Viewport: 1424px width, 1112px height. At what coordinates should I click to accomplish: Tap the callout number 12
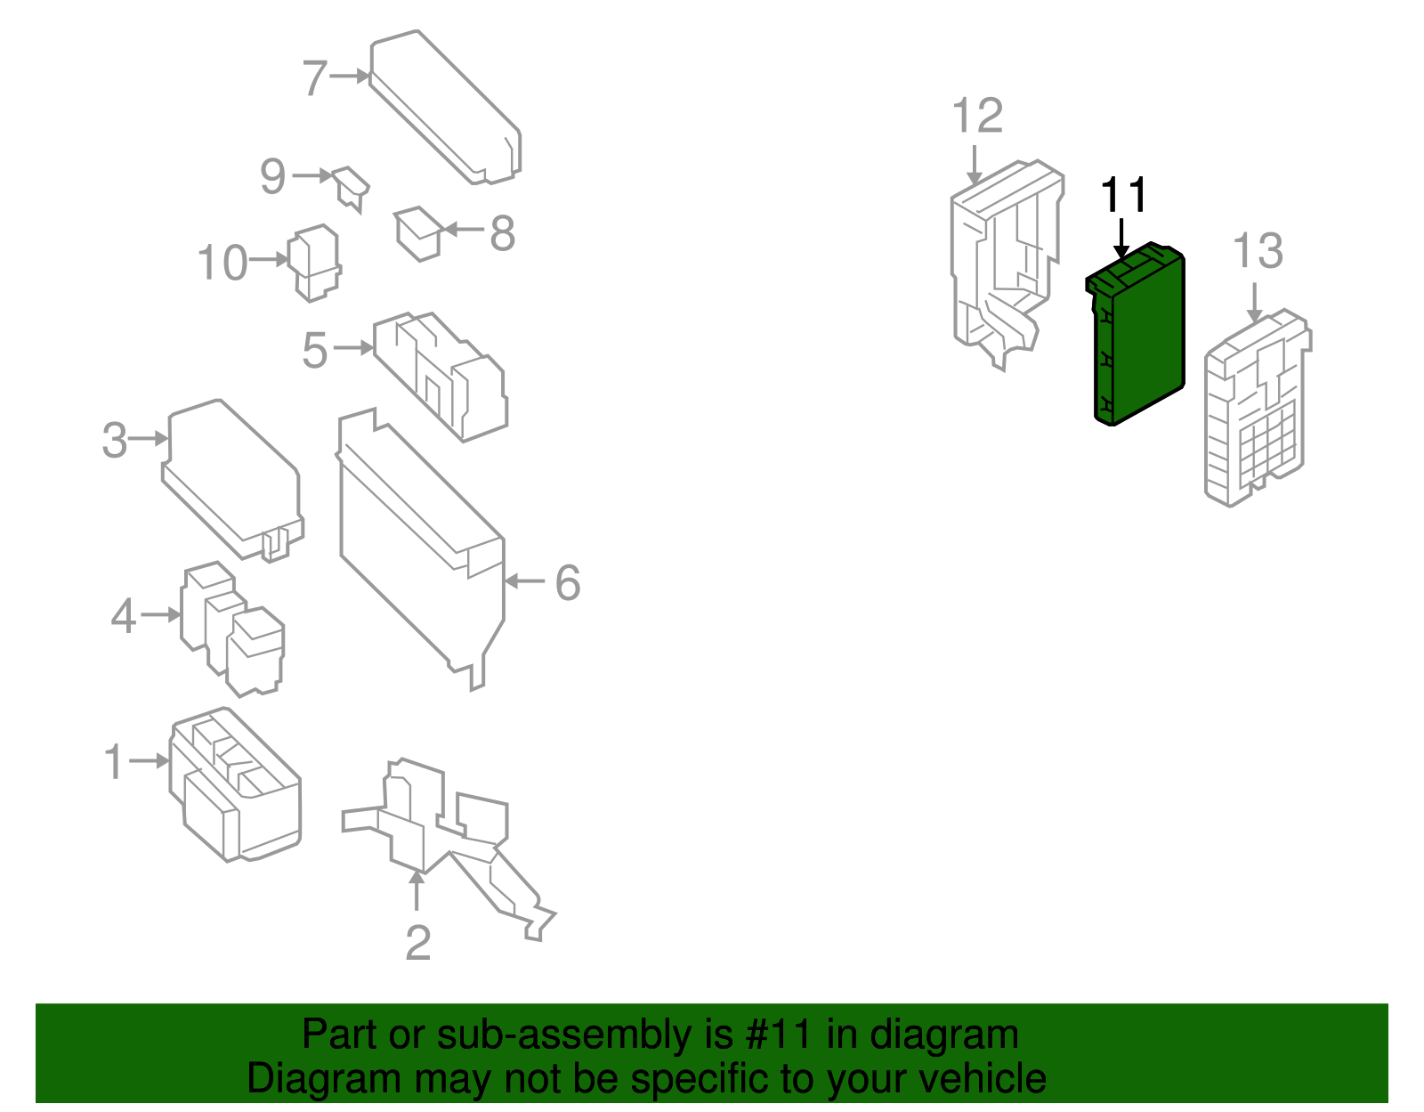tap(977, 116)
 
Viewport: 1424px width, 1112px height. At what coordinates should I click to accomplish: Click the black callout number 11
tap(1123, 195)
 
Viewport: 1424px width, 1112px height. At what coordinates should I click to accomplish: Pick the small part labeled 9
tap(351, 189)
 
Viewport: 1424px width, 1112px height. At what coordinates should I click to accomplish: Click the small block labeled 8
tap(417, 234)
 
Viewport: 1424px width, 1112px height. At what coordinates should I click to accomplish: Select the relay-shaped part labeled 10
tap(314, 263)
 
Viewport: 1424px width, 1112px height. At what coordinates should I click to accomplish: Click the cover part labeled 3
tap(232, 481)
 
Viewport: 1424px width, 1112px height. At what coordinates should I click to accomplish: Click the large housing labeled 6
tap(422, 549)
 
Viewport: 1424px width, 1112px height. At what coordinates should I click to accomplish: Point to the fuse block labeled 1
tap(235, 784)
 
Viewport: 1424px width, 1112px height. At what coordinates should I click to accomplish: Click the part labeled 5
tap(441, 377)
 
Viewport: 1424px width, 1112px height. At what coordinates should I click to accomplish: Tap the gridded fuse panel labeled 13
tap(1258, 408)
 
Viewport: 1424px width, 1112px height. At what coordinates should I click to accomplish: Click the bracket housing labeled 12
tap(1007, 264)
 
